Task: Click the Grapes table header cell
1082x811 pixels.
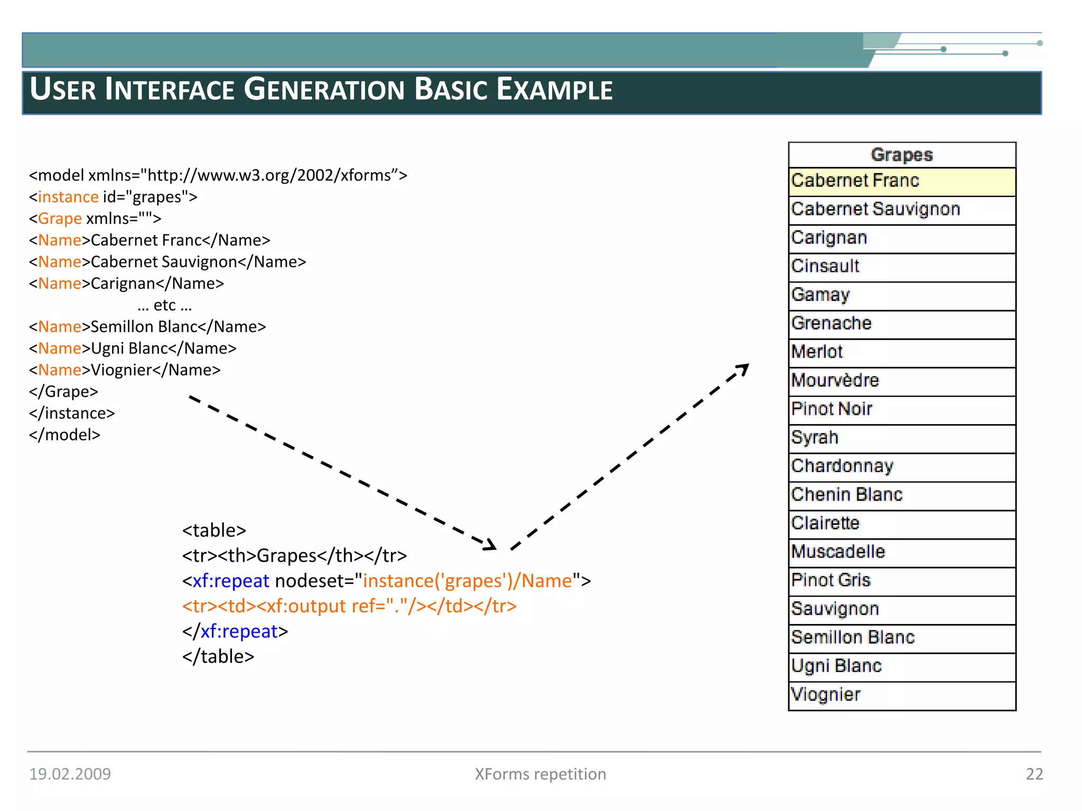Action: pyautogui.click(x=901, y=155)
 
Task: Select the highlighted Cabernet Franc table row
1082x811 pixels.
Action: pyautogui.click(x=901, y=182)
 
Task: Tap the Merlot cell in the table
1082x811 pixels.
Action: pyautogui.click(x=901, y=352)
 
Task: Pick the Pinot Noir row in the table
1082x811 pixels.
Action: pyautogui.click(x=901, y=409)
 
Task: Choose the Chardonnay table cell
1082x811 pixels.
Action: pyautogui.click(x=901, y=466)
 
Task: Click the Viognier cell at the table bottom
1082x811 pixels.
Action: pyautogui.click(x=901, y=695)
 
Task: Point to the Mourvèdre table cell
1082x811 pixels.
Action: pyautogui.click(x=901, y=381)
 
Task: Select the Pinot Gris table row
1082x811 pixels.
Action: pyautogui.click(x=901, y=581)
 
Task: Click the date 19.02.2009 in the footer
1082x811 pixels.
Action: pyautogui.click(x=70, y=774)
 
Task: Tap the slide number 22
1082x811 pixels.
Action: pyautogui.click(x=1034, y=774)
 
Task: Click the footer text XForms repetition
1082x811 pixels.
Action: pyautogui.click(x=540, y=774)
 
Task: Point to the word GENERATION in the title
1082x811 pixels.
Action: pyautogui.click(x=323, y=90)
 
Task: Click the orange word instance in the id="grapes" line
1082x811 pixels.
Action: pyautogui.click(x=68, y=197)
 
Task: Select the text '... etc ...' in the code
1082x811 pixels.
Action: pyautogui.click(x=164, y=305)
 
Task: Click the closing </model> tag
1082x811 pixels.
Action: pyautogui.click(x=64, y=435)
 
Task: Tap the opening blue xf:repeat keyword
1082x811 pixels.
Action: pyautogui.click(x=231, y=581)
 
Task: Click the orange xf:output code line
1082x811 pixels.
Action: pyautogui.click(x=349, y=606)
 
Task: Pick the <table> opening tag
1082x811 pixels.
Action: pyautogui.click(x=214, y=530)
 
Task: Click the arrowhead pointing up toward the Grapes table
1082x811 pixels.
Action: pyautogui.click(x=743, y=369)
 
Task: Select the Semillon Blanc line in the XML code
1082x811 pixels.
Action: pyautogui.click(x=147, y=327)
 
